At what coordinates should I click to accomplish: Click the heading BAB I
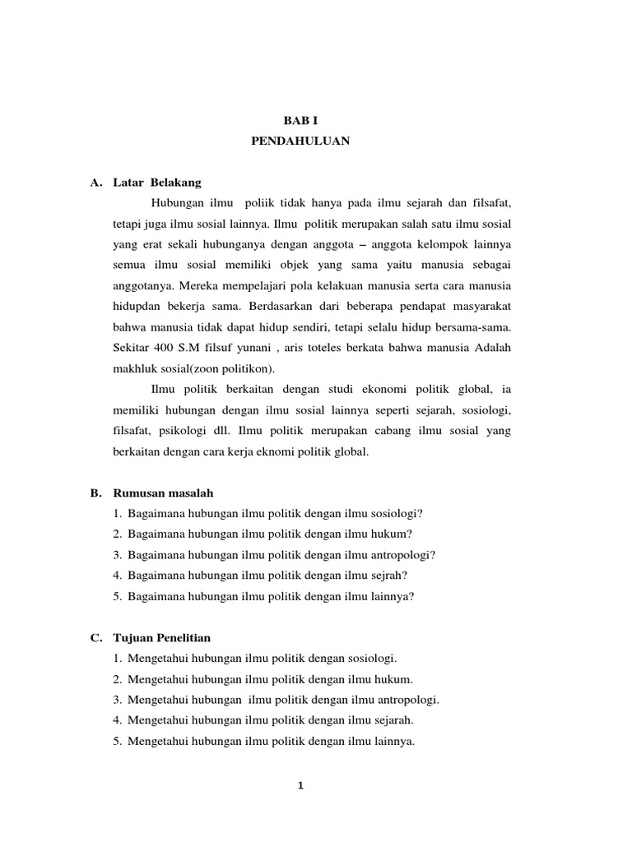click(300, 120)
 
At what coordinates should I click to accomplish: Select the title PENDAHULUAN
click(300, 141)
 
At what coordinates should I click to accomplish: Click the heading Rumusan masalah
click(163, 493)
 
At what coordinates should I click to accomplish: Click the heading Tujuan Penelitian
click(162, 638)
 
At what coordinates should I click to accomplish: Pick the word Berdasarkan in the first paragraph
click(274, 305)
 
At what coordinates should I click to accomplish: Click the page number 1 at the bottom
click(301, 785)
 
